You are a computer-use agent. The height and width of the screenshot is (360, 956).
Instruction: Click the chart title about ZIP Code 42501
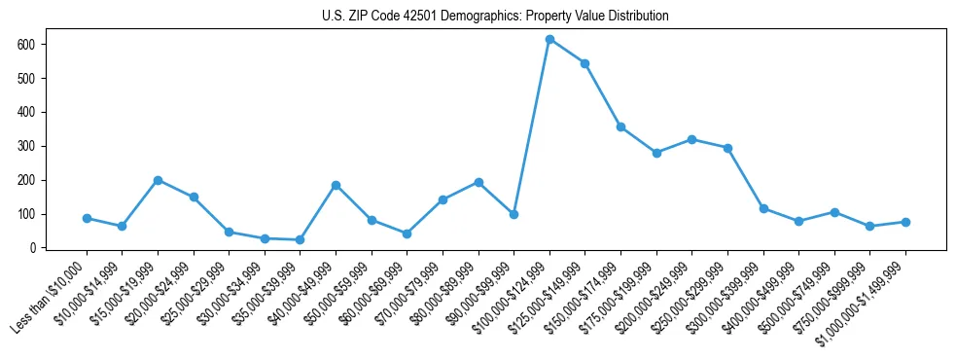(495, 17)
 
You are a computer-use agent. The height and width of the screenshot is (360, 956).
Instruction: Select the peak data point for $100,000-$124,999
(549, 39)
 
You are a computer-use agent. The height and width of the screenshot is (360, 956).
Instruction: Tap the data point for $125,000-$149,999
(584, 63)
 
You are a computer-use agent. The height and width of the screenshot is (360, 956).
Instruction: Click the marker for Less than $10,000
(87, 218)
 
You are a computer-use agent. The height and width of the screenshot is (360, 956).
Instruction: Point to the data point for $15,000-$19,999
(158, 180)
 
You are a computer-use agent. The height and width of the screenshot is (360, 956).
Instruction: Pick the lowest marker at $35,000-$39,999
(300, 239)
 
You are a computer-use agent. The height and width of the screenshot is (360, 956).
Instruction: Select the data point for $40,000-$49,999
(336, 185)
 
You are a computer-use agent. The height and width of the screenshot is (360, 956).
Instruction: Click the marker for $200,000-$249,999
(691, 139)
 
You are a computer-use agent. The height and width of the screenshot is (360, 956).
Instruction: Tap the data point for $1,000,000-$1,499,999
(905, 222)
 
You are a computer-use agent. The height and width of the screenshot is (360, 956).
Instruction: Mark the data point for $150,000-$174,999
(620, 126)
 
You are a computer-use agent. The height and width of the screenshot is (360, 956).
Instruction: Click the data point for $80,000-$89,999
(478, 182)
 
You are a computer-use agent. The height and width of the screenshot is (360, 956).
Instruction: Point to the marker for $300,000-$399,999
(763, 208)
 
